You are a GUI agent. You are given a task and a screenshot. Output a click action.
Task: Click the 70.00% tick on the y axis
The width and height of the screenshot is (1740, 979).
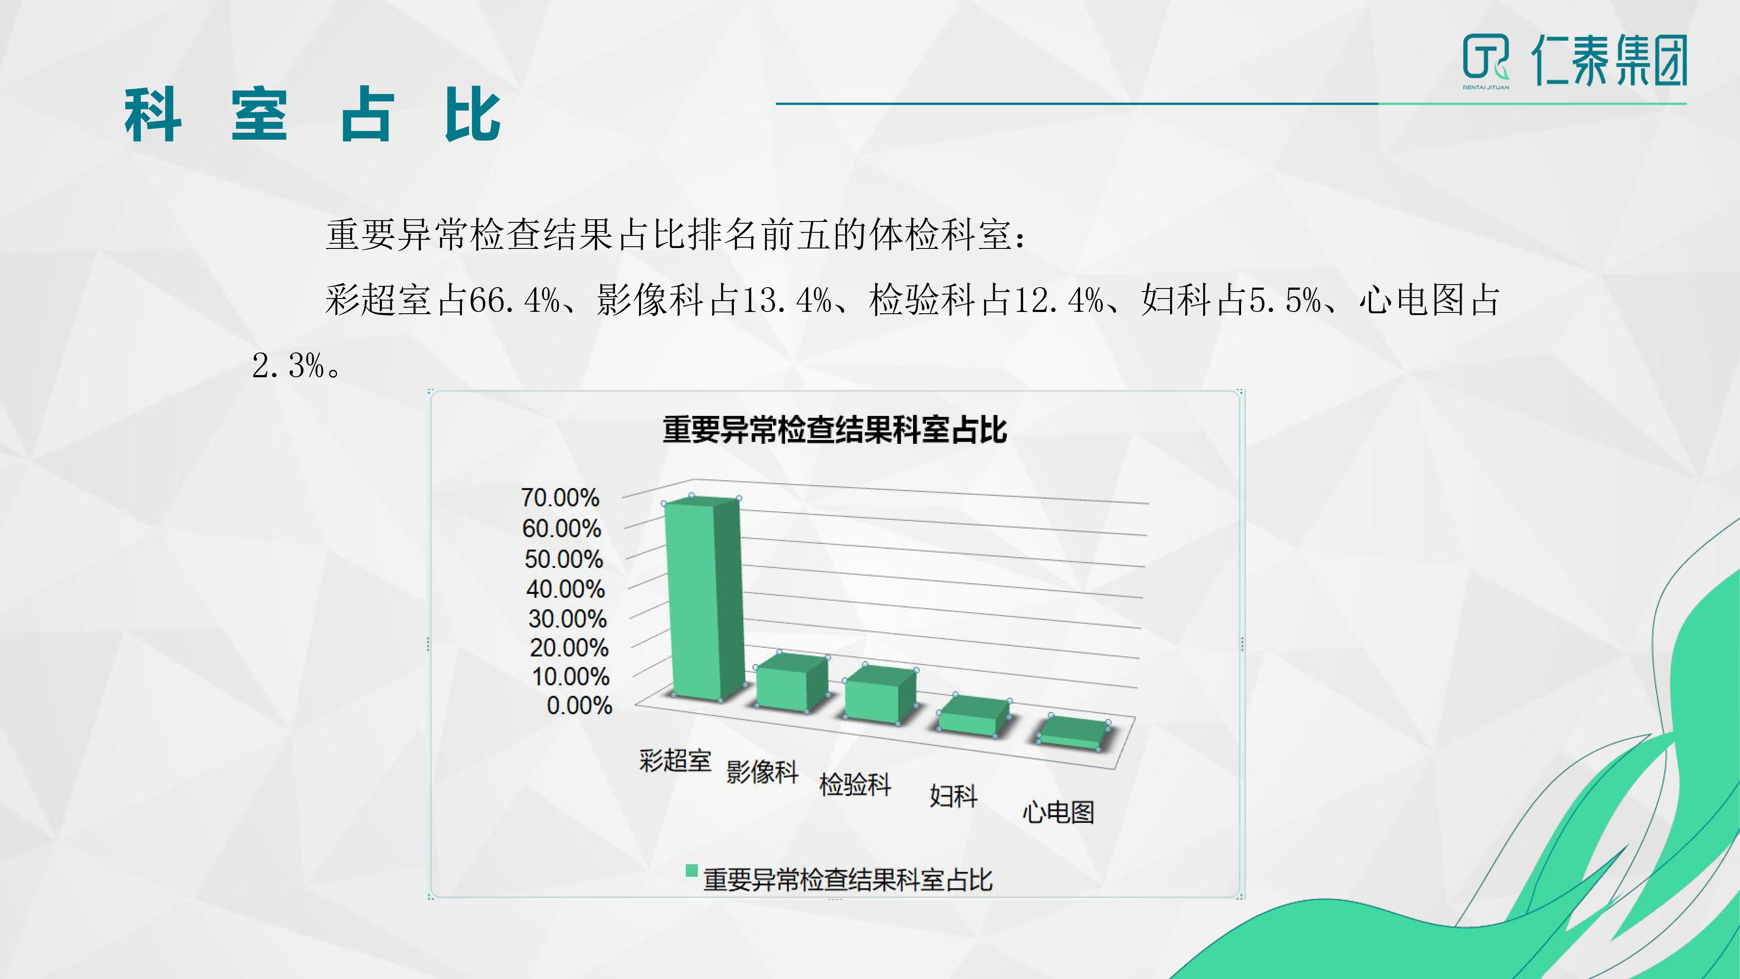pos(560,498)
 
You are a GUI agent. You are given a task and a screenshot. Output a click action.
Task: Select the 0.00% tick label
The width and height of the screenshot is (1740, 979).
pos(579,705)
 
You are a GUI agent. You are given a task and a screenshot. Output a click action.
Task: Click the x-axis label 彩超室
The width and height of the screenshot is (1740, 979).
pos(675,761)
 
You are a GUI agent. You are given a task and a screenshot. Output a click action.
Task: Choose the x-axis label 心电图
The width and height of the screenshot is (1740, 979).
pos(1058,811)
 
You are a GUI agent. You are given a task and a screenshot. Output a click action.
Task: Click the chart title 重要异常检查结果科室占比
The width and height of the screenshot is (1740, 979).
pos(835,430)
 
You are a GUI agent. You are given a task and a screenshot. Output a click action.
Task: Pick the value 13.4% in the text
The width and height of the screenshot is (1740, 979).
pos(786,300)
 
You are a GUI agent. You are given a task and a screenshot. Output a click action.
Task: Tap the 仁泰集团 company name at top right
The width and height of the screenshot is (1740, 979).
pos(1609,60)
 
